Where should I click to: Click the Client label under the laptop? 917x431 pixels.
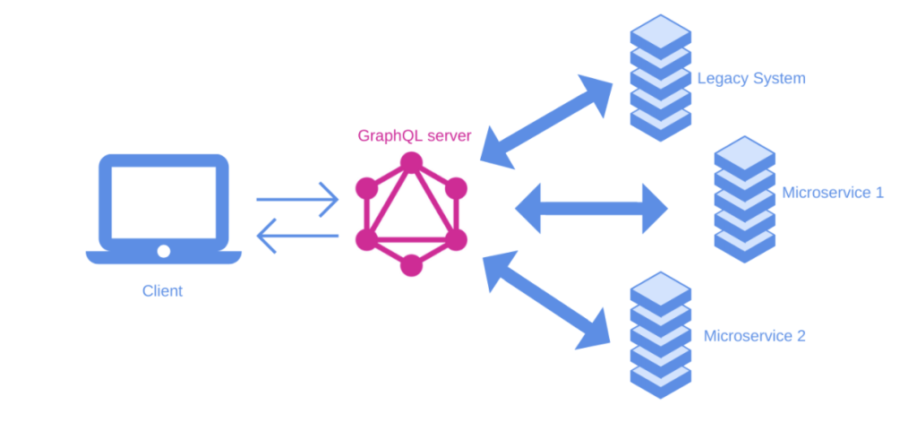[x=162, y=290]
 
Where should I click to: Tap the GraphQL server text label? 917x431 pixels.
[x=414, y=136]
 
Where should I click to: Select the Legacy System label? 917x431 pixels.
[x=750, y=78]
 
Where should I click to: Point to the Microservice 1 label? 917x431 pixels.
[x=832, y=192]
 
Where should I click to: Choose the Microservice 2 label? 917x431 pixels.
[x=754, y=336]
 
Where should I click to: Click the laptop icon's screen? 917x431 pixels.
[x=163, y=203]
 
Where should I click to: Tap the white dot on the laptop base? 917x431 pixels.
[x=163, y=251]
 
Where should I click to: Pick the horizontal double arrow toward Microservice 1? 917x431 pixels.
[x=591, y=210]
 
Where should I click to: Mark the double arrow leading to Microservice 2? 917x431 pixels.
[x=547, y=300]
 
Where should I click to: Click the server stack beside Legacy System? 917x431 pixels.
[x=660, y=77]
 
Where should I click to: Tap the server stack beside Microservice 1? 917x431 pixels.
[x=744, y=199]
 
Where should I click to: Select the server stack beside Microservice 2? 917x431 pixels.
[x=660, y=335]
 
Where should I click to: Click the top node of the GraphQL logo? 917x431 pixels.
[x=411, y=162]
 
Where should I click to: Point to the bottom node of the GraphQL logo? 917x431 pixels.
[x=411, y=264]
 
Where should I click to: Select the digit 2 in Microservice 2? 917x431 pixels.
[x=800, y=336]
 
